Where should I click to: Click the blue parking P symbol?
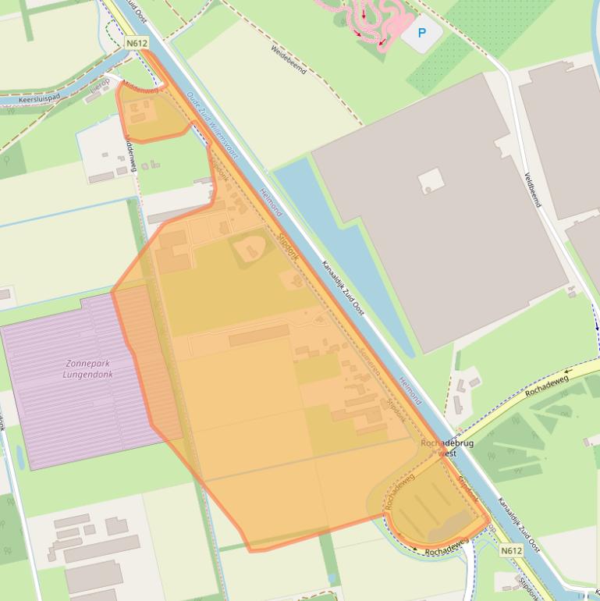[422, 33]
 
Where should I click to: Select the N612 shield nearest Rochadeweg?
[511, 550]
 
